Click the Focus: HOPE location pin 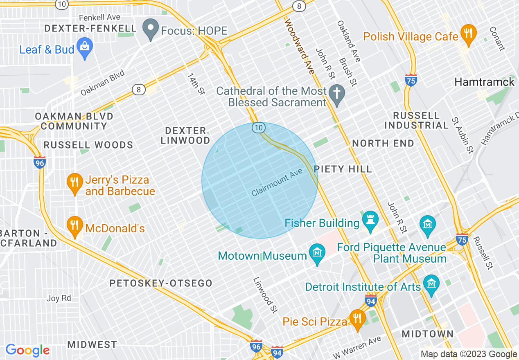(151, 29)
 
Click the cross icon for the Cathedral (337, 94)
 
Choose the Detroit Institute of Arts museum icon (431, 284)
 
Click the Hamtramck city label (484, 82)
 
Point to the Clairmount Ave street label (277, 183)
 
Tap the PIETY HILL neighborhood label (343, 169)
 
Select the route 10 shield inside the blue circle (258, 128)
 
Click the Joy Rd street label (59, 298)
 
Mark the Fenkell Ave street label (99, 17)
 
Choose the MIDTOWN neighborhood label (427, 334)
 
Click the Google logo (27, 350)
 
